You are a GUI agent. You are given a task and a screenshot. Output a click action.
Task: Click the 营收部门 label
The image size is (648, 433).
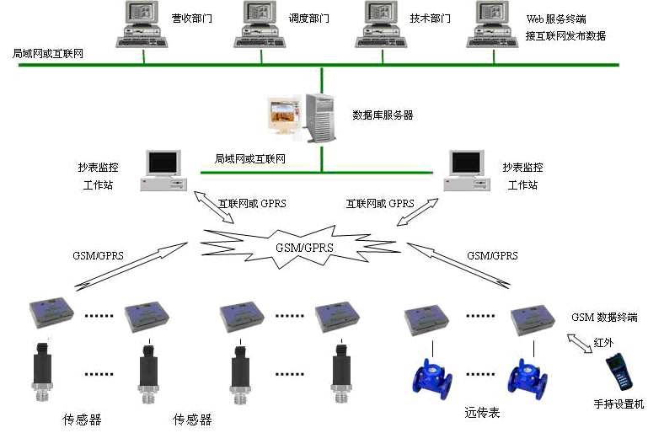(190, 19)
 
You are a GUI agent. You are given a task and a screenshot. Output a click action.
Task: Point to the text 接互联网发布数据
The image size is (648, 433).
(565, 36)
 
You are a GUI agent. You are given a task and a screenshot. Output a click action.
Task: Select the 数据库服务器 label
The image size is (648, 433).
(383, 115)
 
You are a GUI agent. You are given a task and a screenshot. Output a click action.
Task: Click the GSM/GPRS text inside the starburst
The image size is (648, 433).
(304, 248)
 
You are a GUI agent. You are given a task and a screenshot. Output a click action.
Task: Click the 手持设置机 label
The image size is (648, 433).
(619, 404)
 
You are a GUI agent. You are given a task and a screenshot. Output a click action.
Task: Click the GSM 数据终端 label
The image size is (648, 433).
(604, 318)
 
